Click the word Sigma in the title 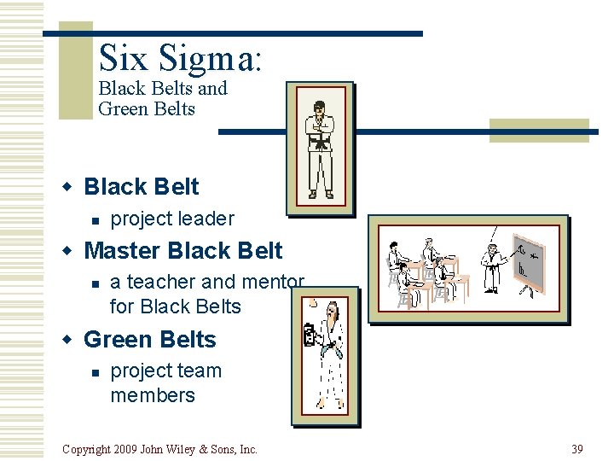pyautogui.click(x=211, y=58)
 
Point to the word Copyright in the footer pyautogui.click(x=88, y=449)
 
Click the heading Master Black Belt pyautogui.click(x=183, y=251)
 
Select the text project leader pyautogui.click(x=172, y=219)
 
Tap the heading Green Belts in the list pyautogui.click(x=150, y=339)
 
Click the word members pyautogui.click(x=153, y=395)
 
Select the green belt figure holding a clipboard pyautogui.click(x=329, y=354)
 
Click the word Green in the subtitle pyautogui.click(x=121, y=109)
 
